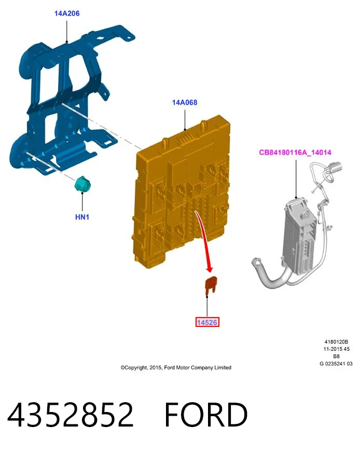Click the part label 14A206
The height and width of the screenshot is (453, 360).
[x=67, y=13]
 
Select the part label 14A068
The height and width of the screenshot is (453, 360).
[x=185, y=102]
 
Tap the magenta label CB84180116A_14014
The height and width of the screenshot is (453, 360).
[x=295, y=152]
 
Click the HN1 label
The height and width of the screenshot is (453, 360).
[x=82, y=217]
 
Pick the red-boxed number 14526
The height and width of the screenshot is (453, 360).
[x=207, y=322]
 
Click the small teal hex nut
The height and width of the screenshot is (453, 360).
[x=82, y=184]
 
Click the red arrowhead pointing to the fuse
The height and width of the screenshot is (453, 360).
[x=210, y=268]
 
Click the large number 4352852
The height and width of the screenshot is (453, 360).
[x=71, y=414]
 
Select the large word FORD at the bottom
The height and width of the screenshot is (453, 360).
[x=206, y=414]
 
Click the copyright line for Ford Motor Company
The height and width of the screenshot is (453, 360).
[x=176, y=367]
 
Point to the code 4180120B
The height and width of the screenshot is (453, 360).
[x=336, y=342]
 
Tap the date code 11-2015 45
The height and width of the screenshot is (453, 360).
[x=336, y=349]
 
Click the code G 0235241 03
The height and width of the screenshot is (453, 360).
[x=336, y=364]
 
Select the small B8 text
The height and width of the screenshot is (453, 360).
[x=336, y=356]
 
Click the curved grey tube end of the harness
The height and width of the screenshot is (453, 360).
[x=255, y=263]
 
